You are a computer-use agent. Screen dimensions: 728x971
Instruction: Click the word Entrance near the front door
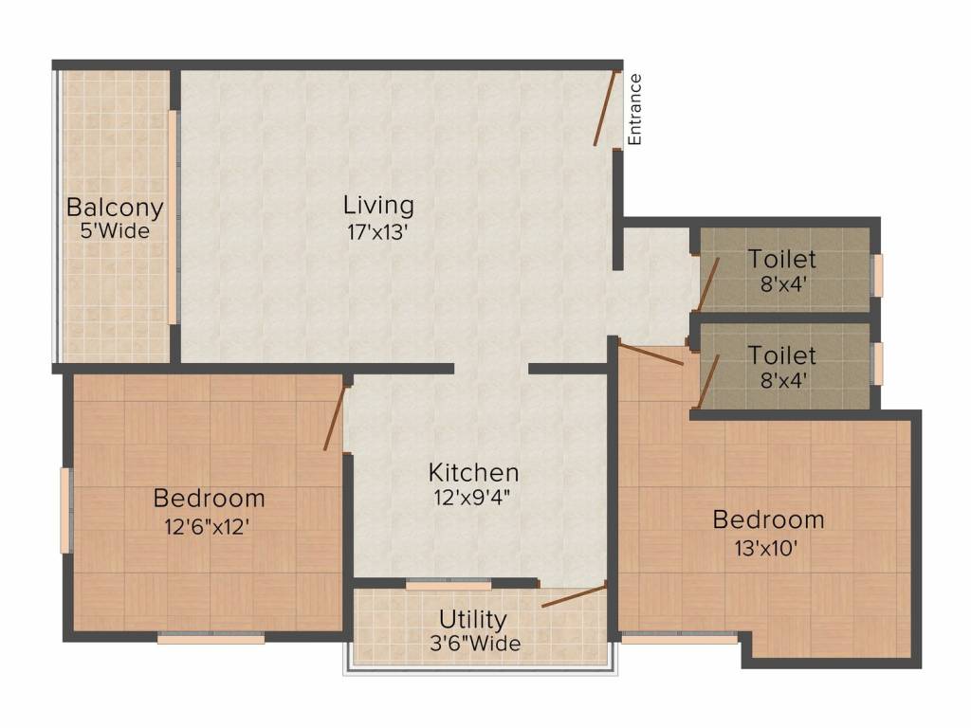tap(635, 109)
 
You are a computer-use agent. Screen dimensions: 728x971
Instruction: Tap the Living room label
tap(378, 205)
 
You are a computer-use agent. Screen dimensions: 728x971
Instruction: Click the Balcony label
tap(115, 208)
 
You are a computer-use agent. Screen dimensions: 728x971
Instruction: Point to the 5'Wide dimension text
tap(115, 230)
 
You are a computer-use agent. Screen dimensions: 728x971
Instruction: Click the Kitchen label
tap(473, 471)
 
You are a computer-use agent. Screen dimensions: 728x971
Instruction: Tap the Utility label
tap(472, 620)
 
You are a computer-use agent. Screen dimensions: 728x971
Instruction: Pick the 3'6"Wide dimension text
tap(472, 644)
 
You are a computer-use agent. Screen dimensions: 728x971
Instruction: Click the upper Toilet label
tap(781, 258)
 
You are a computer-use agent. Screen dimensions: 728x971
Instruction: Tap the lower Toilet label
tap(781, 355)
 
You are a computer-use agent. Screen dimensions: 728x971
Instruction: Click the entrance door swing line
tap(606, 109)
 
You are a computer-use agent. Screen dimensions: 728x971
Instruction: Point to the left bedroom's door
tap(335, 417)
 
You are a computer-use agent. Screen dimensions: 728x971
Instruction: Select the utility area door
tap(573, 596)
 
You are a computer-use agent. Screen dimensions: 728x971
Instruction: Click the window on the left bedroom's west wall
tap(65, 510)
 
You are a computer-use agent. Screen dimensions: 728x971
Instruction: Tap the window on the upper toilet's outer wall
tap(878, 275)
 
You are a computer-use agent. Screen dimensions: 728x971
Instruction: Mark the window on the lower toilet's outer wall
tap(878, 364)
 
